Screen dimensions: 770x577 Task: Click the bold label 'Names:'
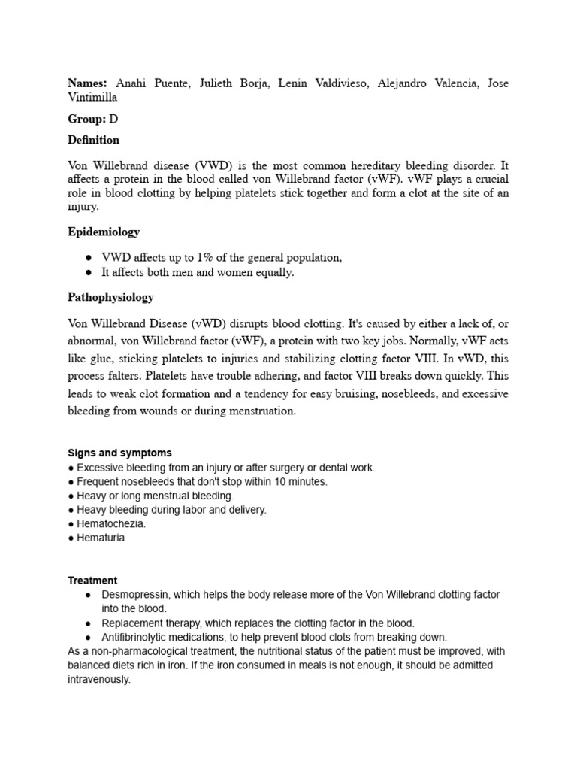(x=88, y=83)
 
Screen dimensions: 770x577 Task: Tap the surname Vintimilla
(x=92, y=98)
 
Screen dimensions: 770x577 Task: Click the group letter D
(x=113, y=119)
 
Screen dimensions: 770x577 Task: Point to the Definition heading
(x=93, y=140)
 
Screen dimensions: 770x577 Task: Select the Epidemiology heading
(x=104, y=232)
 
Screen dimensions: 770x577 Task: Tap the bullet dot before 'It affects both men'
(x=89, y=272)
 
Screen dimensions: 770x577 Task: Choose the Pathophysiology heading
(x=110, y=297)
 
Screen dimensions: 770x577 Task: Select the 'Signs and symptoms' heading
(x=119, y=453)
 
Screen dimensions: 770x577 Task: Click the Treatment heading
(x=92, y=581)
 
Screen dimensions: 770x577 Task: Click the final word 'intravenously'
(x=98, y=679)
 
